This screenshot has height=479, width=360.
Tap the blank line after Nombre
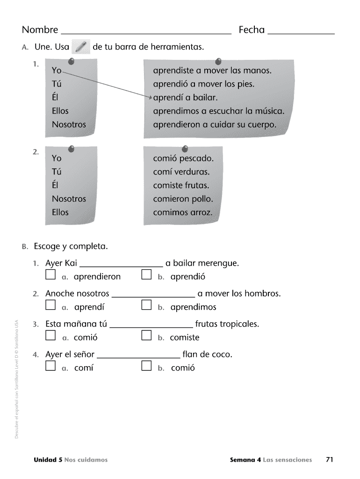[x=146, y=33]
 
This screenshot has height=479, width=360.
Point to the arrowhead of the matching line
[x=151, y=98]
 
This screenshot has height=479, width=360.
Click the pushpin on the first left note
[x=71, y=61]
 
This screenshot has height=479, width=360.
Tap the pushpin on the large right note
[x=218, y=61]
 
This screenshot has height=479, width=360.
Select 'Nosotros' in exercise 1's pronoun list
[x=69, y=125]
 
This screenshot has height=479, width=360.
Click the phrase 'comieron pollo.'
[x=183, y=199]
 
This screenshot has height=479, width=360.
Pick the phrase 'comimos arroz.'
[x=183, y=212]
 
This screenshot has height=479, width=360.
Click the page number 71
[x=329, y=459]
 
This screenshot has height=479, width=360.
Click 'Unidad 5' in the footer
[x=48, y=460]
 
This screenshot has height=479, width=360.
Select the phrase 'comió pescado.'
[x=183, y=158]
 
